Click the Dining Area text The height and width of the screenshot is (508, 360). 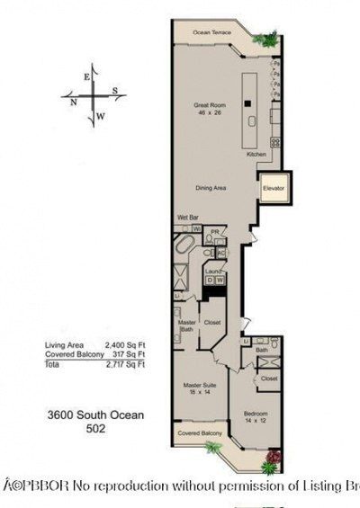211,187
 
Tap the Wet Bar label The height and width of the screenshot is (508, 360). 187,218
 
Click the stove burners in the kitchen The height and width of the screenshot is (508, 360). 275,142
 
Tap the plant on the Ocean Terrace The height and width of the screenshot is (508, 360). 266,39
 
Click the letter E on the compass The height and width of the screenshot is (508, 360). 86,77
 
